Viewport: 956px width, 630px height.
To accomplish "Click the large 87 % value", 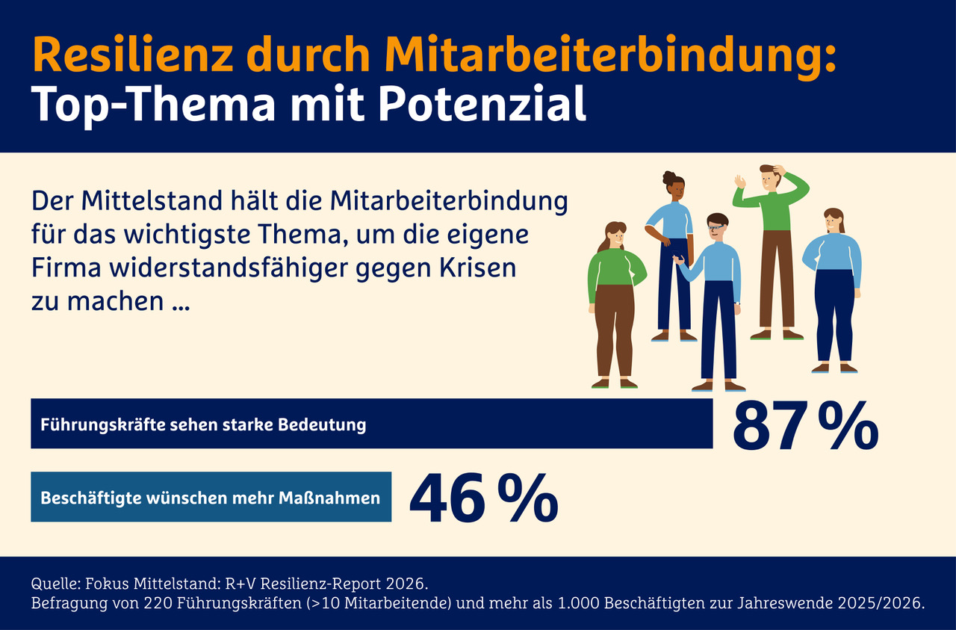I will [805, 427].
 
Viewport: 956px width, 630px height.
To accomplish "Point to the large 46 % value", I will [483, 498].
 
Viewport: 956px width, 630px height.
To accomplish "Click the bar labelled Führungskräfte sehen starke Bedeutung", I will [371, 424].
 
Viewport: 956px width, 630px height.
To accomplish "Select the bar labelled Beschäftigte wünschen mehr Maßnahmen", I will [211, 497].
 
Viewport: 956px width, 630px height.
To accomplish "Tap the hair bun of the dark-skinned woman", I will [668, 178].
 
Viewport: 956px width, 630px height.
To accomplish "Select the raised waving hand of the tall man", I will [740, 181].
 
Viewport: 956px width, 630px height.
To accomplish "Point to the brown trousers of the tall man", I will [777, 277].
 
